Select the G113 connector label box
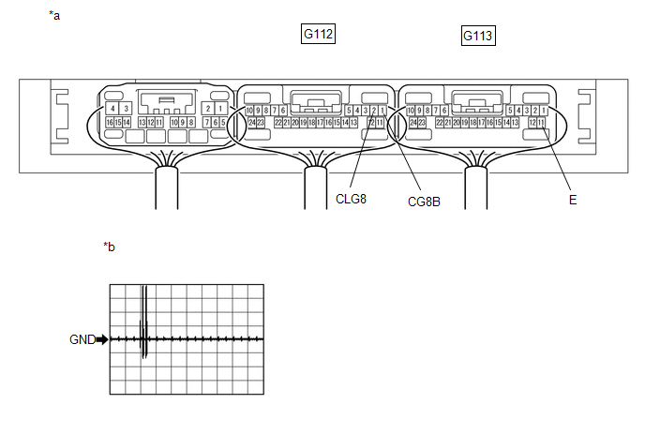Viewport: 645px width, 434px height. [x=479, y=36]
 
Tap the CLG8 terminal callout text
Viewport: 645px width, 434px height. [x=351, y=198]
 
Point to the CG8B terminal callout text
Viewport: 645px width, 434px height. [x=424, y=200]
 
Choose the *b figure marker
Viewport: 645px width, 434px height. [x=109, y=247]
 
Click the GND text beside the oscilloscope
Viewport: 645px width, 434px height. [x=82, y=339]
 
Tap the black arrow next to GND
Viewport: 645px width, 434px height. [x=102, y=339]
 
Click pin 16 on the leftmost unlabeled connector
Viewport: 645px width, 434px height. [x=109, y=123]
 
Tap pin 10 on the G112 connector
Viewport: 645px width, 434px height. [x=249, y=111]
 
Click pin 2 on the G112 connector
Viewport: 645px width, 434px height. [x=373, y=111]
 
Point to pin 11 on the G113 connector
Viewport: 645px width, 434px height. [x=543, y=123]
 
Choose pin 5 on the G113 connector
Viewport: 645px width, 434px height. [x=509, y=111]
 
